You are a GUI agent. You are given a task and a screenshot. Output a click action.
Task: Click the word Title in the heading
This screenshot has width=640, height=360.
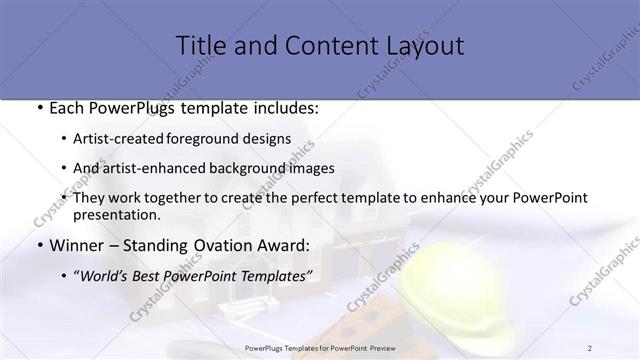pos(198,46)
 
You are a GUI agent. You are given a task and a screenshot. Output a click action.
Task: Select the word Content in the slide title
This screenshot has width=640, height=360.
pos(318,46)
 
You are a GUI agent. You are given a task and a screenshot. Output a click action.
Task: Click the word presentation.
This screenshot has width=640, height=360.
pos(117,214)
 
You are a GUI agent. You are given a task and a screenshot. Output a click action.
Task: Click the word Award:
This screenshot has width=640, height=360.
pos(281,245)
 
